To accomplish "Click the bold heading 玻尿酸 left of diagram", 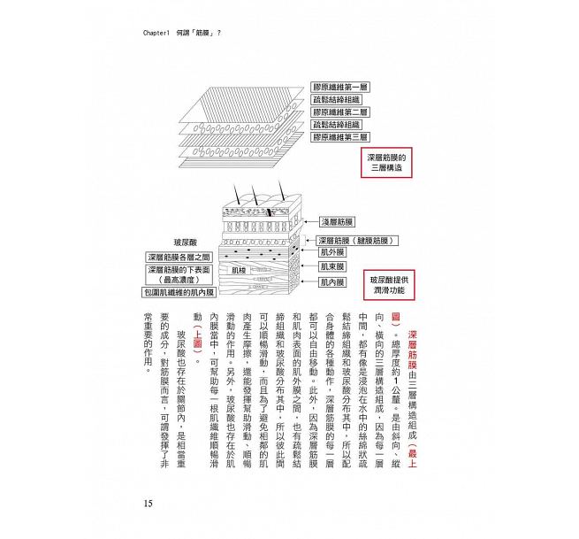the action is point(188,241).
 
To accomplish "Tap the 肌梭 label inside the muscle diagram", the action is point(239,270).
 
